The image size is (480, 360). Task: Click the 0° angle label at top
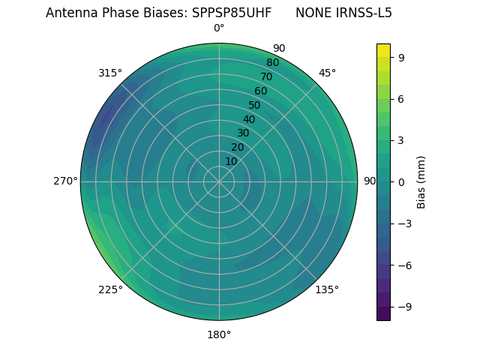tap(219, 28)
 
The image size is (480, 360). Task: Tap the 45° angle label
tap(327, 73)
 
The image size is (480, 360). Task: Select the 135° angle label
tap(327, 289)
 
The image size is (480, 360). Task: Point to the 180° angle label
tap(219, 334)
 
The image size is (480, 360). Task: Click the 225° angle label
tap(110, 289)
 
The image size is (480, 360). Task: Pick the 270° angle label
tap(65, 181)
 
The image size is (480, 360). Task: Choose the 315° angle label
tap(110, 73)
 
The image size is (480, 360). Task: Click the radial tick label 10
tap(231, 161)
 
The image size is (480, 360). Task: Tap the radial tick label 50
tap(255, 106)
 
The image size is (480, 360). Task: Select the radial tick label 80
tap(272, 63)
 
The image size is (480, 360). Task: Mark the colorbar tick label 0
tap(401, 181)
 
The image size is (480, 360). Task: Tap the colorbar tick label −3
tap(403, 223)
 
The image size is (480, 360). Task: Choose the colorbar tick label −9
tap(403, 307)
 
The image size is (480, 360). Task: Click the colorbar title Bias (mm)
tap(421, 181)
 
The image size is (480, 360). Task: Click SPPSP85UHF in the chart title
tap(232, 13)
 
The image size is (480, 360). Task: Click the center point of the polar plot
tap(219, 181)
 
